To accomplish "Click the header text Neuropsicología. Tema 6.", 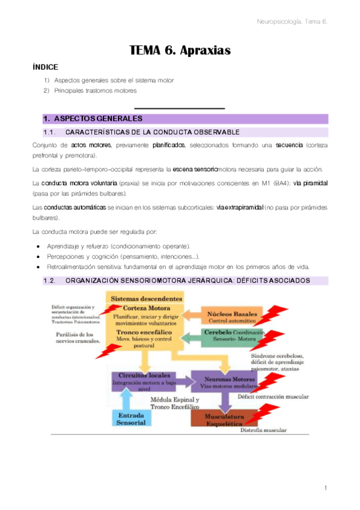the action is (x=291, y=22).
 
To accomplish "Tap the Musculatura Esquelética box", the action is (x=221, y=419).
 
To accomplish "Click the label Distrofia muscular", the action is (x=263, y=430).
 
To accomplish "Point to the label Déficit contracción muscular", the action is (x=273, y=397).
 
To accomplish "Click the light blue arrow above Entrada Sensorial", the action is (x=124, y=399).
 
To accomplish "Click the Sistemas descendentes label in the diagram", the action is (x=146, y=298).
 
